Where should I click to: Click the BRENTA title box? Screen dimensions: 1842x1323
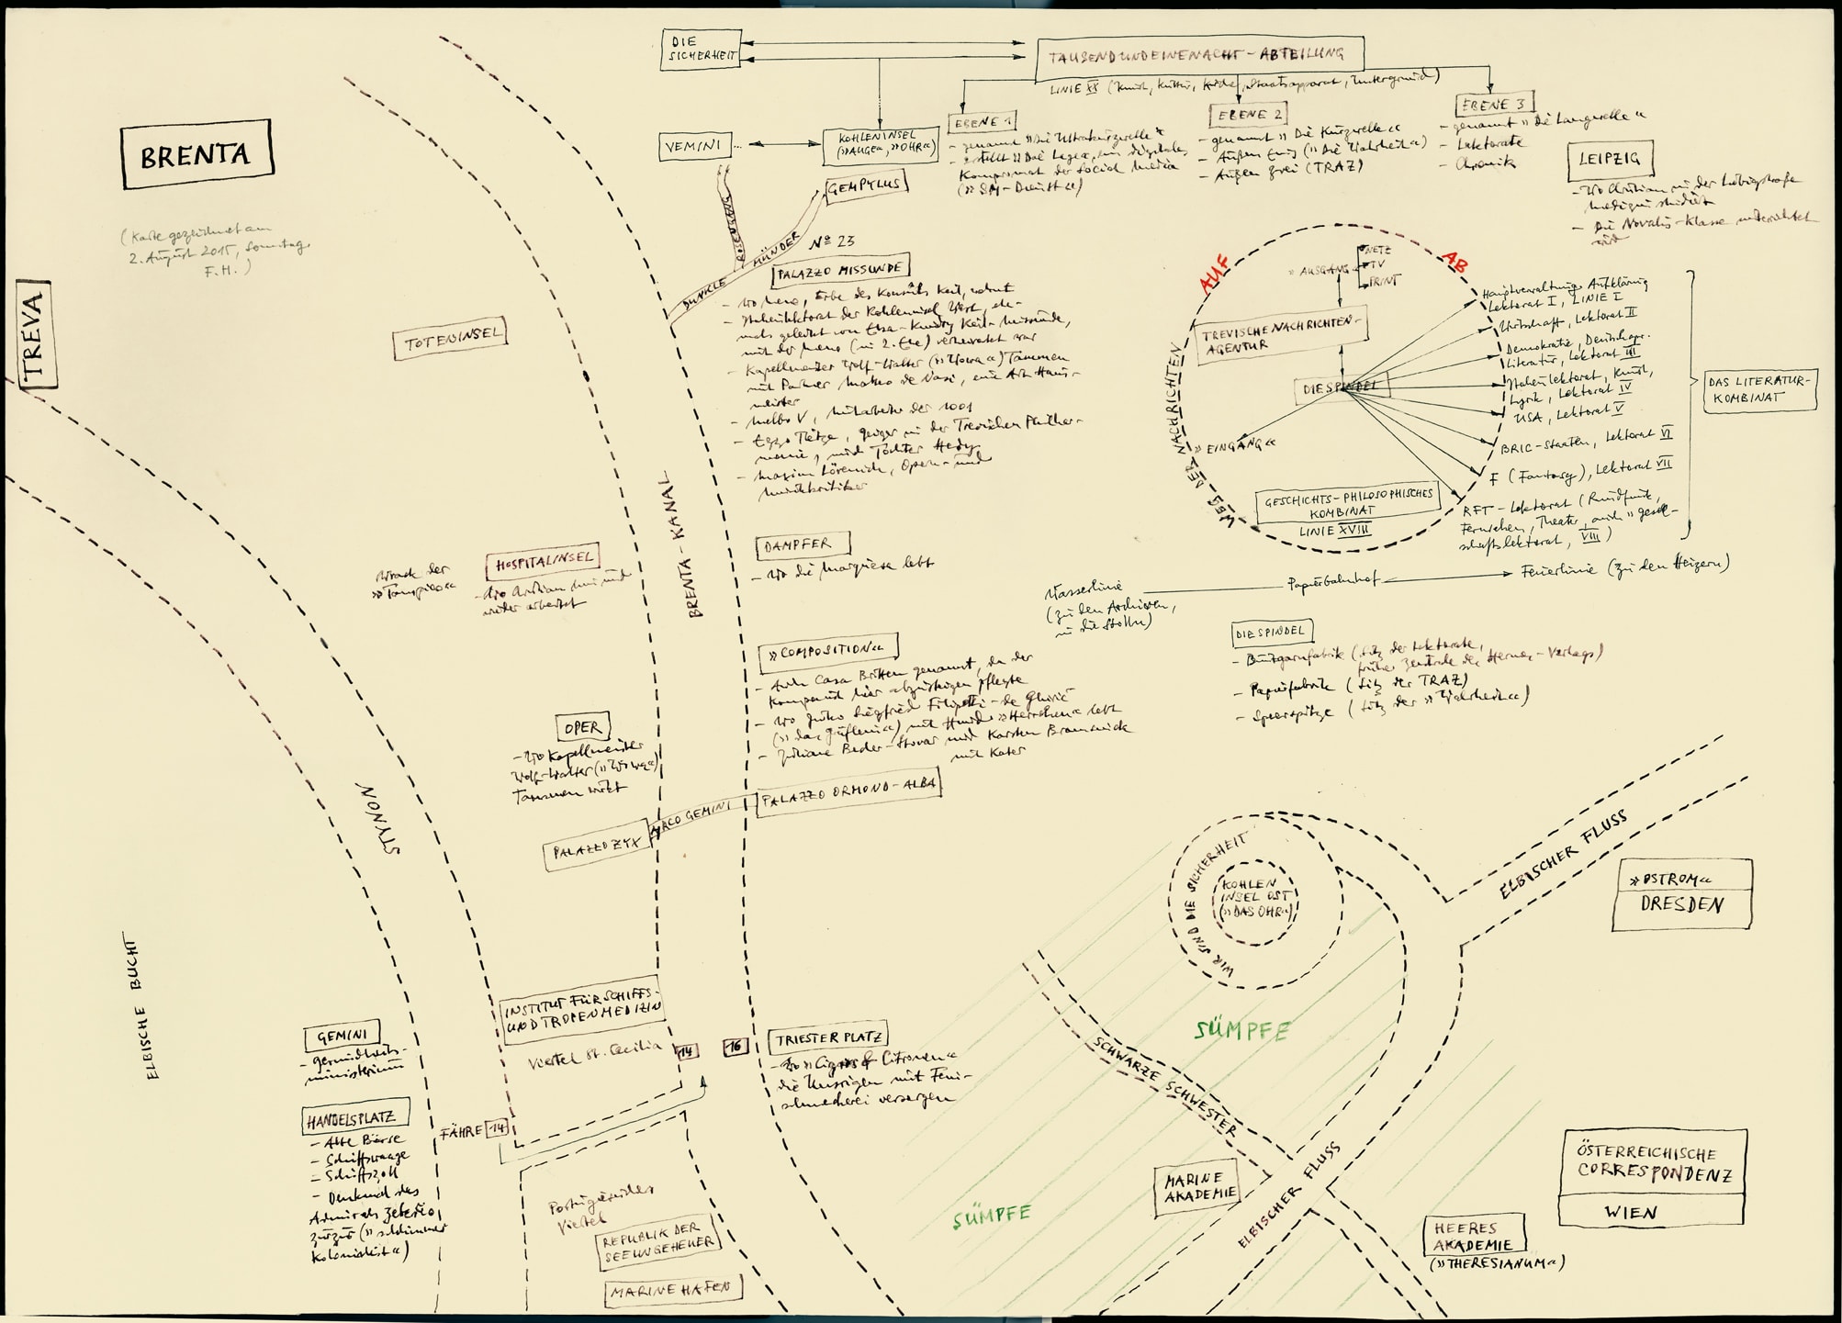(x=197, y=154)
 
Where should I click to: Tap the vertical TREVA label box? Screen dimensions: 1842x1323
(x=34, y=335)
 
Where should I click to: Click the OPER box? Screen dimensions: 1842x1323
(x=582, y=728)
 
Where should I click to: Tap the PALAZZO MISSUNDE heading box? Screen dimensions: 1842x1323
(x=839, y=270)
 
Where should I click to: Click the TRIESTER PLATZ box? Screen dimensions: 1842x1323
(x=828, y=1038)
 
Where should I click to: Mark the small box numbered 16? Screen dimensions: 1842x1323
(x=736, y=1046)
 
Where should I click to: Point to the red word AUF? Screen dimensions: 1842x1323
(x=1213, y=273)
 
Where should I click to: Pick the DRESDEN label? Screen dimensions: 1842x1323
(x=1681, y=904)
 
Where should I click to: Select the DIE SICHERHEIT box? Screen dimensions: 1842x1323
(x=700, y=49)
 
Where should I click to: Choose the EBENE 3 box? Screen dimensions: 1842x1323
(x=1494, y=105)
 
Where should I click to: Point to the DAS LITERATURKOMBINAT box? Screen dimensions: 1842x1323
(x=1759, y=389)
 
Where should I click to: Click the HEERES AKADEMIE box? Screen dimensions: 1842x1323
(x=1474, y=1236)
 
